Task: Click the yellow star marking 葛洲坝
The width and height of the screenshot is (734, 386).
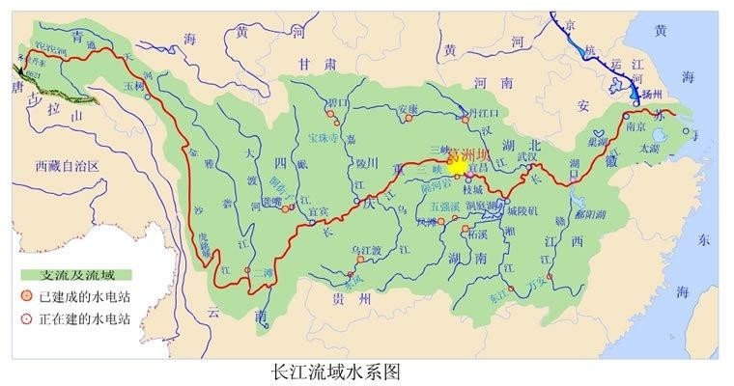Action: tap(457, 165)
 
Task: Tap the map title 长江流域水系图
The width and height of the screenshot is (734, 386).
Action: tap(332, 370)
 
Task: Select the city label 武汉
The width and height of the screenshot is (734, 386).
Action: tap(530, 154)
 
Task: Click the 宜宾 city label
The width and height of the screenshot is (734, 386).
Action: tap(319, 211)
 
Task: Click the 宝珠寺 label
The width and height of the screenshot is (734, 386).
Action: tap(325, 137)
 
